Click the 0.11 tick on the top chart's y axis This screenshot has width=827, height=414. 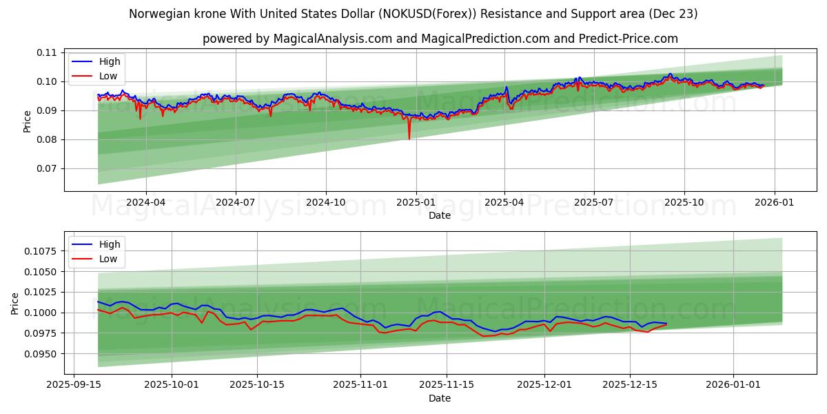tap(46, 52)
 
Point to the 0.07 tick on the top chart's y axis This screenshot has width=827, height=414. tap(46, 168)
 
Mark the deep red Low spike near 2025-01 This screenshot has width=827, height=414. tap(409, 138)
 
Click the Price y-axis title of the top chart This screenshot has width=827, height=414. tap(28, 121)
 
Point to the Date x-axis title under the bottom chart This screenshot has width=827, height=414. tap(439, 398)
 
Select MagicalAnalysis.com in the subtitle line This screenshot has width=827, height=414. tap(325, 39)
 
